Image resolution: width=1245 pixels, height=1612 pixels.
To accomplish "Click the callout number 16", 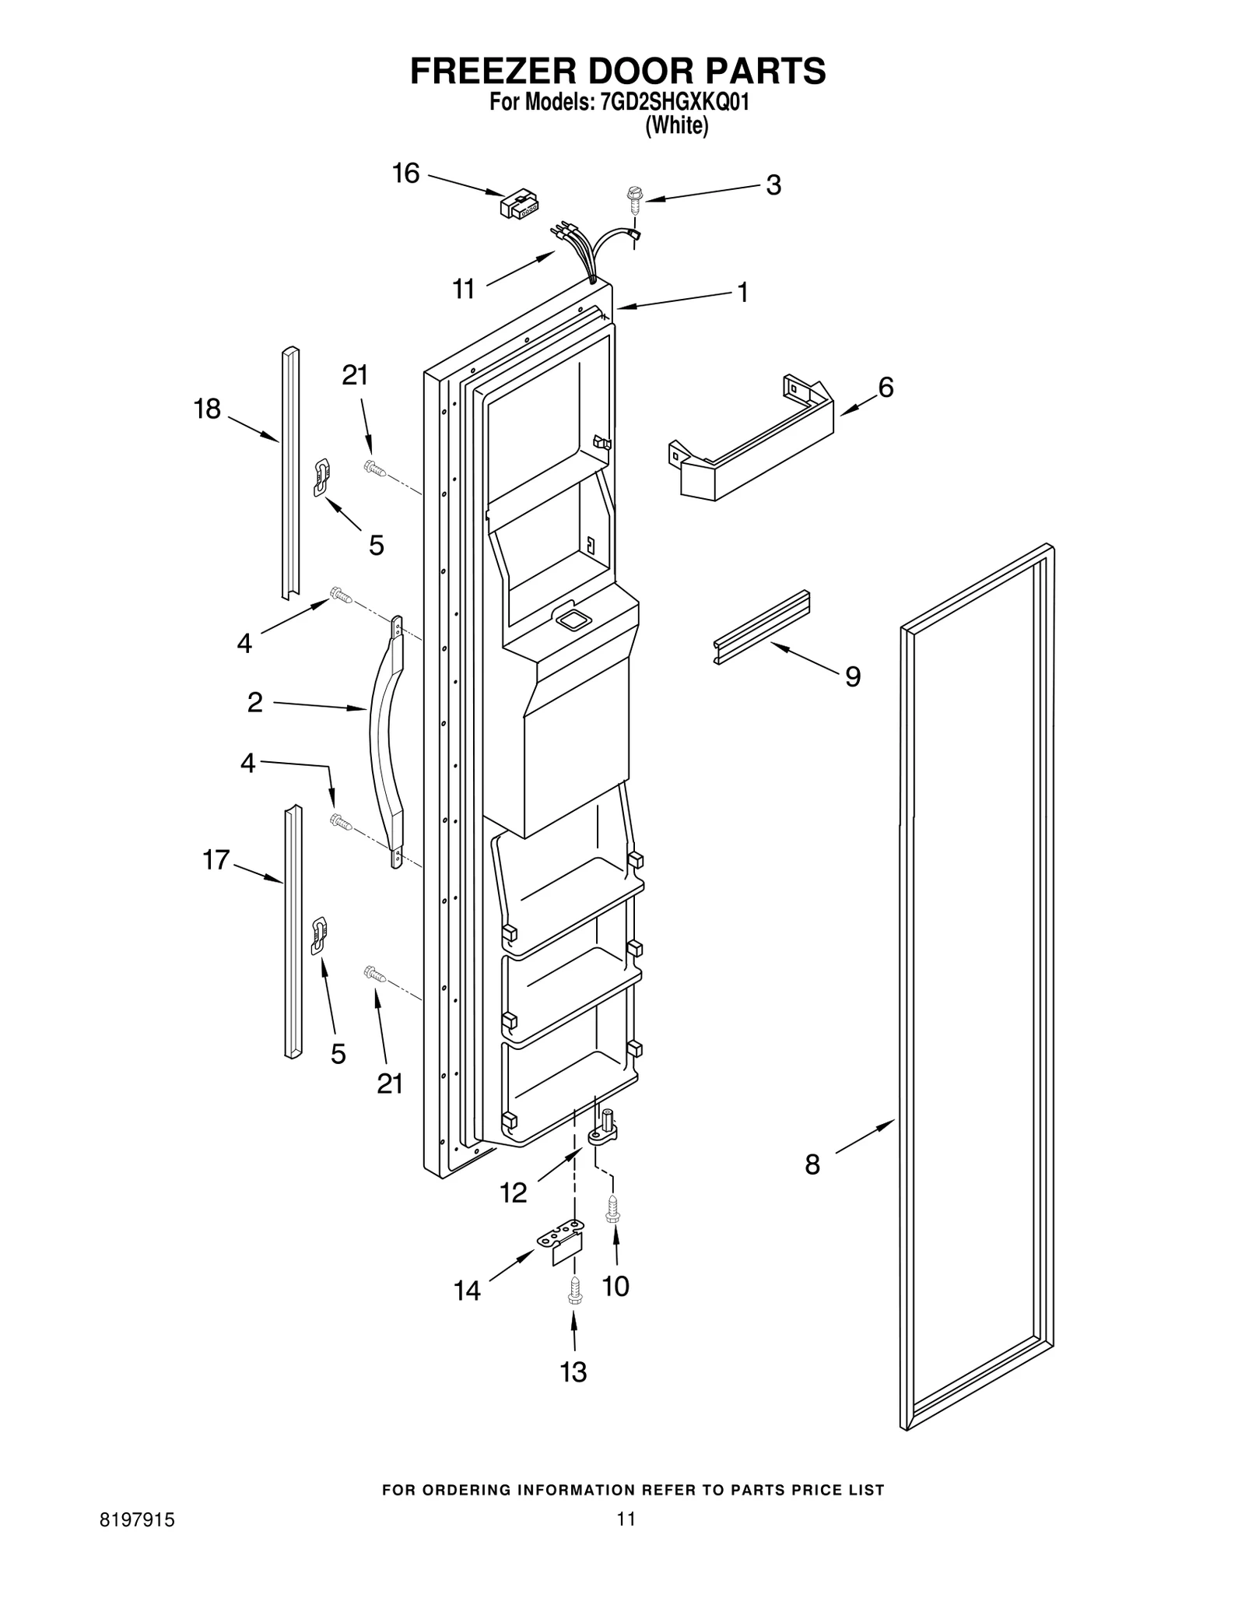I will pyautogui.click(x=405, y=174).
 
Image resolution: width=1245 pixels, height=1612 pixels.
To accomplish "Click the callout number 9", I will pyautogui.click(x=853, y=676).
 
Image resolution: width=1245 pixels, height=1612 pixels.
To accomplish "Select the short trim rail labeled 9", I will pyautogui.click(x=762, y=627).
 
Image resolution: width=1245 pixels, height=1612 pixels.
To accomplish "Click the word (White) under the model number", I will pyautogui.click(x=676, y=126).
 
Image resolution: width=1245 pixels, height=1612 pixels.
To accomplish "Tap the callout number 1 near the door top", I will pyautogui.click(x=742, y=293).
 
